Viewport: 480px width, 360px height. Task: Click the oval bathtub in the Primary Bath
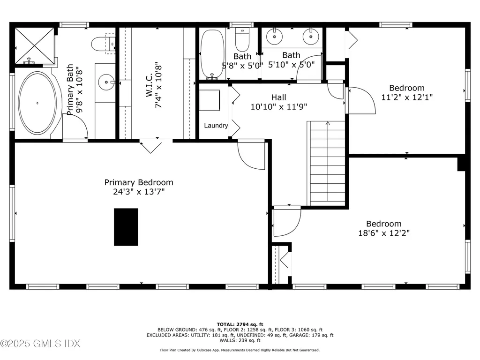(37, 103)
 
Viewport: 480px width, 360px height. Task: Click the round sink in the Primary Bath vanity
(106, 82)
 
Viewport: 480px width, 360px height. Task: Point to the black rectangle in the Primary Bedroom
(126, 227)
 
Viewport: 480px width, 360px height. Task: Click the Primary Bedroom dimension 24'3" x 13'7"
(138, 191)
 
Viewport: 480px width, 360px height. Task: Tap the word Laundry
(216, 126)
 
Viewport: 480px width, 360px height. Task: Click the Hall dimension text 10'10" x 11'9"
(278, 106)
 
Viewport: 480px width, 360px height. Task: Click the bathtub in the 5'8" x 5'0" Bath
(212, 54)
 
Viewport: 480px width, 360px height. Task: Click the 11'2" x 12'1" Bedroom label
(407, 88)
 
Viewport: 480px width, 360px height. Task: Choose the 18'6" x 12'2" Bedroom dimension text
(384, 232)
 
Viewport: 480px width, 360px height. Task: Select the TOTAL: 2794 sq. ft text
(240, 324)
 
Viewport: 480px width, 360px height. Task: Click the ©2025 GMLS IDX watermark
(40, 344)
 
